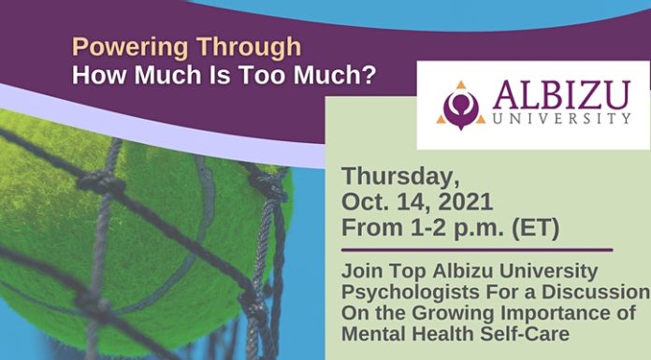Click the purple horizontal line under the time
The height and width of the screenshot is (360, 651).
(x=477, y=250)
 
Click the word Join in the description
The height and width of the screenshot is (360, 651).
(x=359, y=270)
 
